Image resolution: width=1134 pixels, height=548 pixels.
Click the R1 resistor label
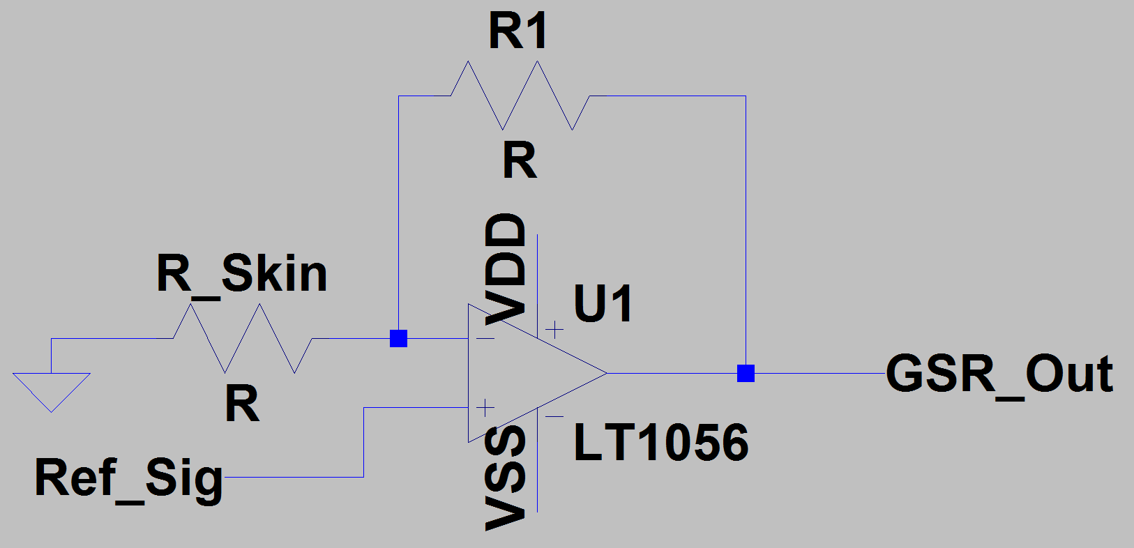click(x=517, y=31)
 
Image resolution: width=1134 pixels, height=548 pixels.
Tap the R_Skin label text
click(x=241, y=274)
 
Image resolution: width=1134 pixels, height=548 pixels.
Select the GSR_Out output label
click(x=999, y=374)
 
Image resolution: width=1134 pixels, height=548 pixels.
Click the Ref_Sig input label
click(x=129, y=478)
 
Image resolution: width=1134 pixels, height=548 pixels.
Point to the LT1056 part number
click(x=660, y=443)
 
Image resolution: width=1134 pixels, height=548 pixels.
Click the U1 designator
click(x=603, y=304)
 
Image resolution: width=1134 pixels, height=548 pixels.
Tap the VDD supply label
click(x=506, y=268)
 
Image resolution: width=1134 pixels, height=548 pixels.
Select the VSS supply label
click(x=506, y=478)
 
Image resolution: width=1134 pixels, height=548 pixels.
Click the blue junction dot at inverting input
click(x=398, y=339)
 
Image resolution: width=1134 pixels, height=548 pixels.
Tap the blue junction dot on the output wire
click(x=746, y=374)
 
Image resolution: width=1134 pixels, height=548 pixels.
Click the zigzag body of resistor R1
click(x=520, y=96)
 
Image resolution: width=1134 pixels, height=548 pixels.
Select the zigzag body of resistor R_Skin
click(x=243, y=338)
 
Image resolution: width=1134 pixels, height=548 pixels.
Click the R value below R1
click(x=520, y=161)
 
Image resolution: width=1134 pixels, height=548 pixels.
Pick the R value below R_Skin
click(x=242, y=404)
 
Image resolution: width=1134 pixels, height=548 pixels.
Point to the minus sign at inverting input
click(x=485, y=339)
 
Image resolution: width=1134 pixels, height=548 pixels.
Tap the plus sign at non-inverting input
click(x=485, y=407)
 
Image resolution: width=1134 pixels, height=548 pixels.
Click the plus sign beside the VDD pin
click(x=554, y=329)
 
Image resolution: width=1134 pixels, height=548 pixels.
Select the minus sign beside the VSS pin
click(x=554, y=417)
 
